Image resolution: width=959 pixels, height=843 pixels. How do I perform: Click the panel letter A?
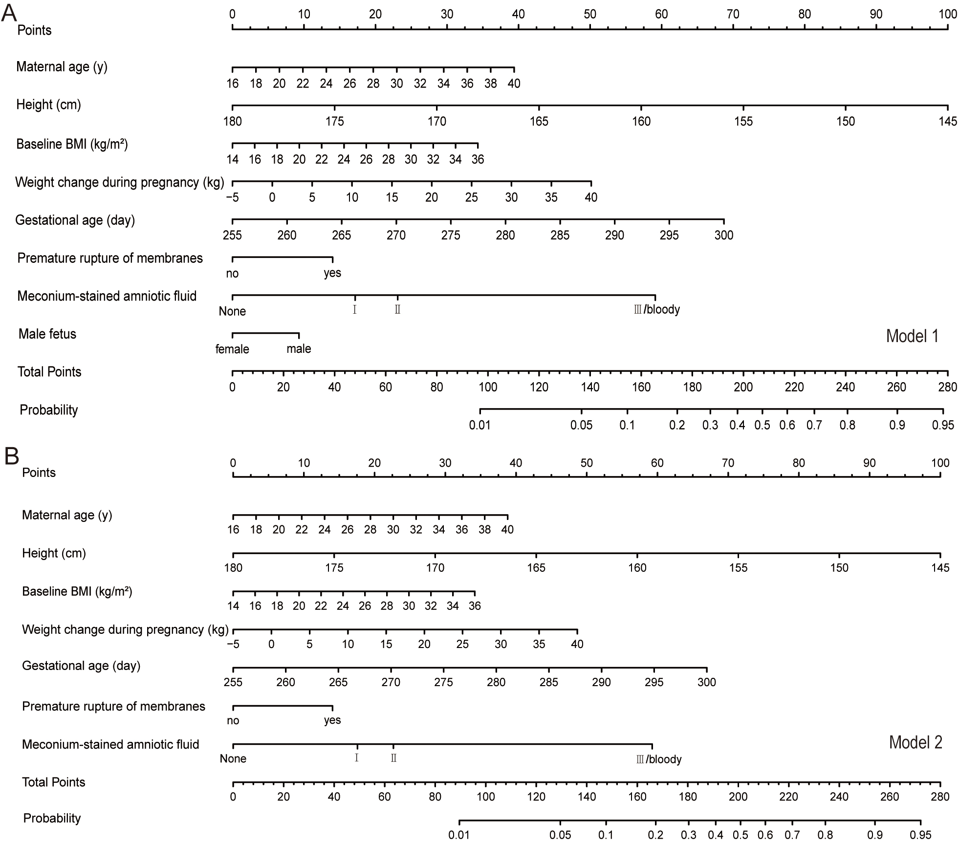(9, 13)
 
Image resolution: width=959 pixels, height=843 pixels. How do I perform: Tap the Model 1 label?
(912, 336)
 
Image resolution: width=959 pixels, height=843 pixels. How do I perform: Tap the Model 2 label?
(915, 742)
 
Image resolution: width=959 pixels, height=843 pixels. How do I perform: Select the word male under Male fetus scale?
(299, 349)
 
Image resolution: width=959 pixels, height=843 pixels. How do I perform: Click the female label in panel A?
(232, 349)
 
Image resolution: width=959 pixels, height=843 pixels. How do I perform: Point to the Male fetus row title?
(47, 334)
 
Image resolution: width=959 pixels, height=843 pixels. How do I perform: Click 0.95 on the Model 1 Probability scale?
(943, 425)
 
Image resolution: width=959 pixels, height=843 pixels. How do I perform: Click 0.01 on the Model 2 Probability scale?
(459, 835)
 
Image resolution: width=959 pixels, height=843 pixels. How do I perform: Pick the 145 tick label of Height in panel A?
(948, 121)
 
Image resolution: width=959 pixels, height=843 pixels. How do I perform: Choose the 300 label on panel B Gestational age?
(706, 682)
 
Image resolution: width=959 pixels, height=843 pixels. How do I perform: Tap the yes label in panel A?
(332, 273)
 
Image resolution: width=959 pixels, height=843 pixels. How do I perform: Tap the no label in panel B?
(233, 720)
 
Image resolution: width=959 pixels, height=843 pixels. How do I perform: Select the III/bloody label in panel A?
(656, 309)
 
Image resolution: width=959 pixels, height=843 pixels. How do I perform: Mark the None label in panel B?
(233, 758)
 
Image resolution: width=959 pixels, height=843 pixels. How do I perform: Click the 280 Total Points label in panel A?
(947, 388)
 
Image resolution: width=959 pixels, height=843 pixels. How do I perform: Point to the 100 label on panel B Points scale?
(940, 463)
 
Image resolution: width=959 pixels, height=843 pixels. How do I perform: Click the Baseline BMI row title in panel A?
(72, 144)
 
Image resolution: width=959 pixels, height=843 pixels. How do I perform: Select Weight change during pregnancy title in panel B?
(125, 629)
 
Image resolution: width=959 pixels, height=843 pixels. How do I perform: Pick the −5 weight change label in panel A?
(232, 197)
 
